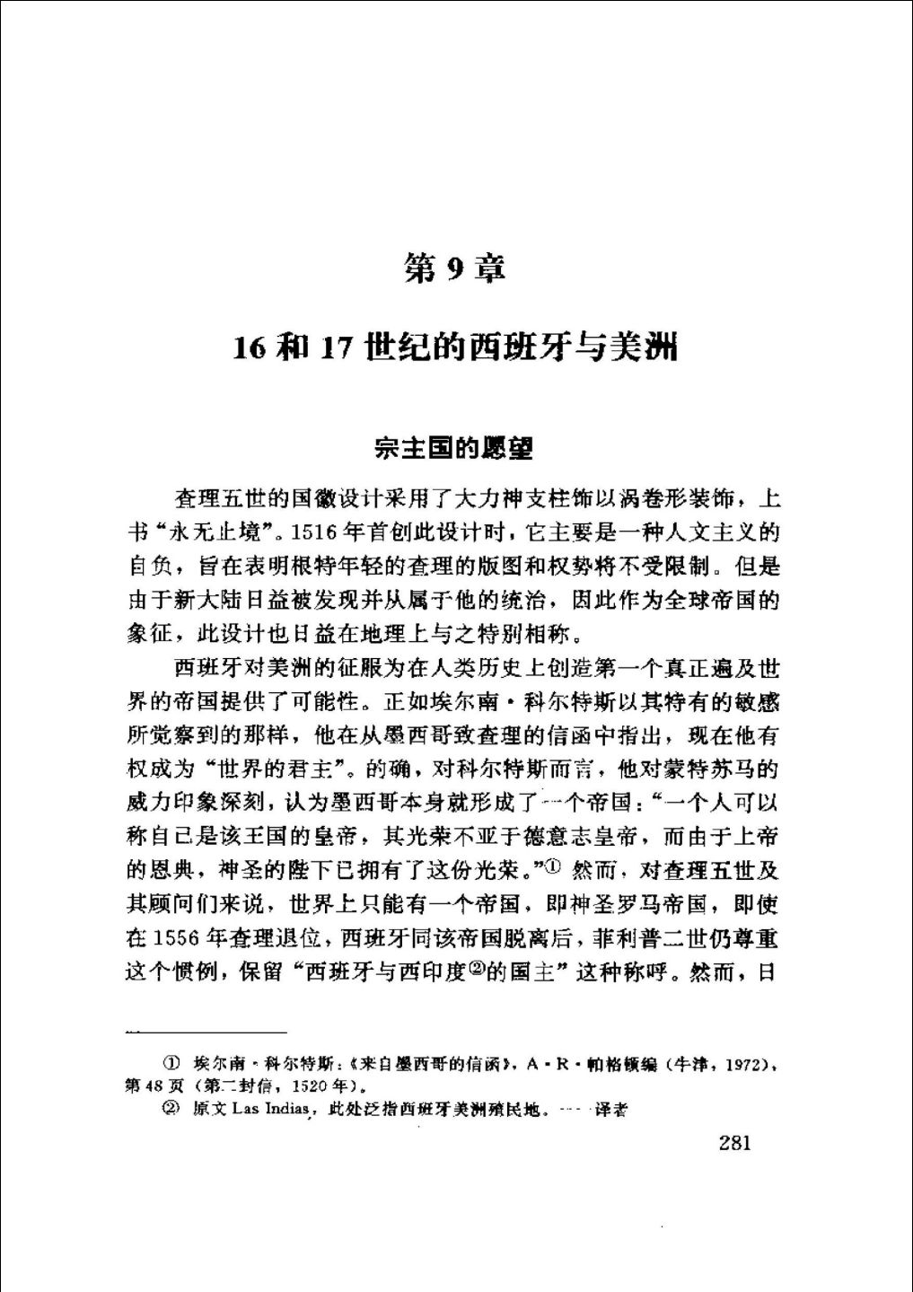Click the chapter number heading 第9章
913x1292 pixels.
tap(455, 268)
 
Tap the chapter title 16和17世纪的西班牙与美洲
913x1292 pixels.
tap(455, 347)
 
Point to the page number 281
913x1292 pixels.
tap(734, 1143)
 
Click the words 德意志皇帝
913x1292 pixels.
tap(572, 838)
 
